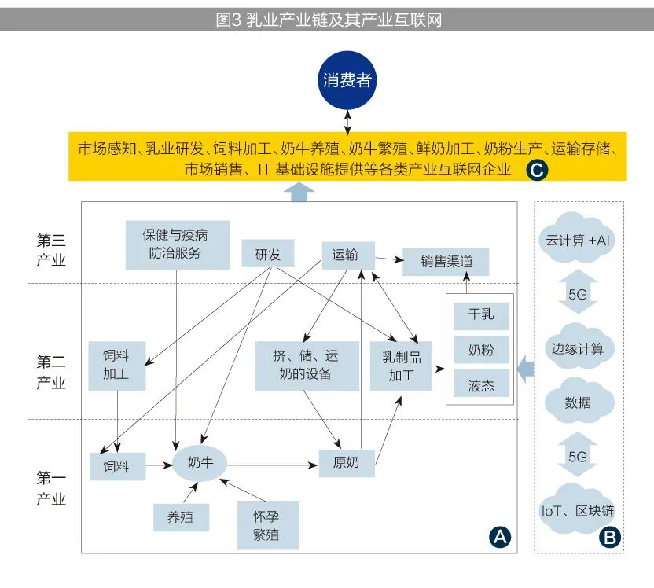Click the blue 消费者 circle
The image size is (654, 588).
click(347, 81)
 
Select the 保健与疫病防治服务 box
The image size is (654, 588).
click(177, 244)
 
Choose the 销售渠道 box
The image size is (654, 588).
click(446, 262)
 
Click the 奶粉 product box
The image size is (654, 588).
click(481, 349)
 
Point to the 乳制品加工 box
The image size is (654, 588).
click(401, 366)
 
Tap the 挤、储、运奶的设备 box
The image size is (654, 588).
click(299, 366)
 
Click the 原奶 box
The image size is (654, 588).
click(346, 463)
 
